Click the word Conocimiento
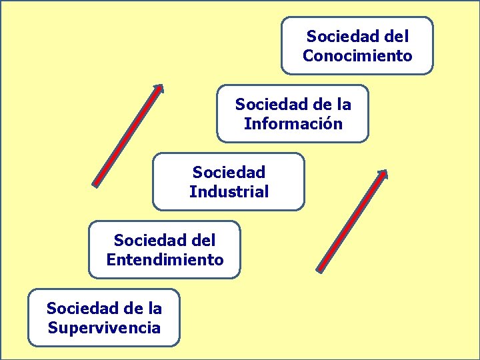tap(357, 56)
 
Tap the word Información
tap(293, 124)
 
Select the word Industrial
tap(229, 192)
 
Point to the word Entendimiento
tap(165, 260)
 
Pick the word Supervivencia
tap(104, 328)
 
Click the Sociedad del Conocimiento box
tap(357, 45)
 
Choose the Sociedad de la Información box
tap(293, 113)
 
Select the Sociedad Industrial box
tap(229, 181)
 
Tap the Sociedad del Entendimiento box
tap(165, 249)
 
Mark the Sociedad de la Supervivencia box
tap(104, 317)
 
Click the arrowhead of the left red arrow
tap(159, 87)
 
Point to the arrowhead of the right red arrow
tap(383, 173)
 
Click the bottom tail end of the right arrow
tap(320, 269)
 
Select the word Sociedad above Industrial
tap(229, 172)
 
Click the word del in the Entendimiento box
tap(203, 240)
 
